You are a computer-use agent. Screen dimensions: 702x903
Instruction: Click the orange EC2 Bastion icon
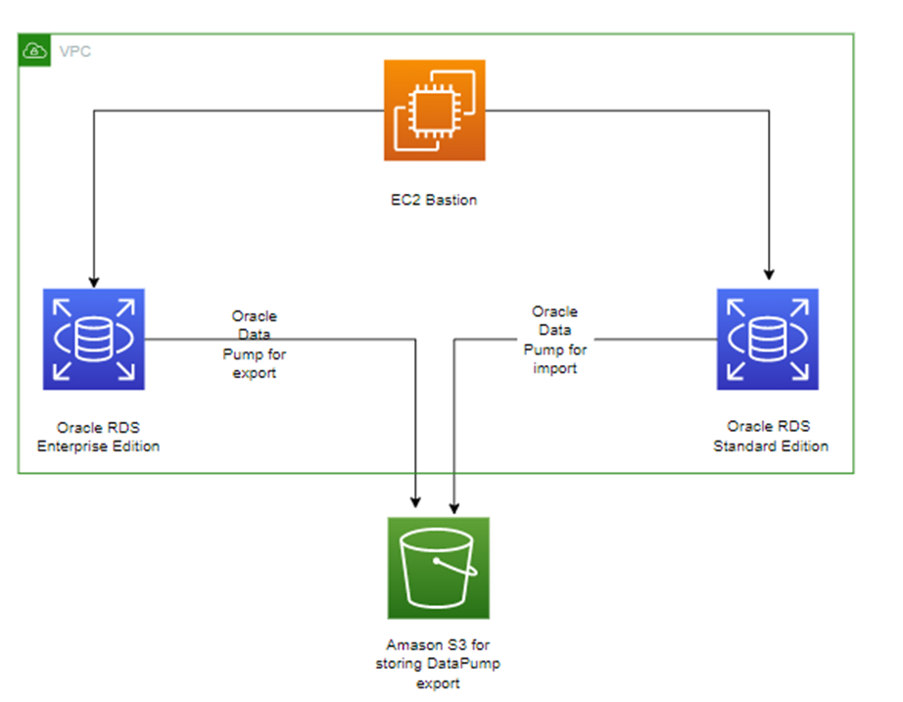435,110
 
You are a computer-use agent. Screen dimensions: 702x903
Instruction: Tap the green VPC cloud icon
33,50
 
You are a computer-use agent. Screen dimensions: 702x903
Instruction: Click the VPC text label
74,51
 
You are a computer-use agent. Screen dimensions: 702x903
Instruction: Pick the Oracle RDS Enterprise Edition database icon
94,339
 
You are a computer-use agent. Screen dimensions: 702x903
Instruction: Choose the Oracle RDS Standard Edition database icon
767,339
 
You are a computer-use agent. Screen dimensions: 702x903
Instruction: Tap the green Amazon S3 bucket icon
438,568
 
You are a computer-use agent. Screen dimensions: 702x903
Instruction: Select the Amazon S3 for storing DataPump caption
438,663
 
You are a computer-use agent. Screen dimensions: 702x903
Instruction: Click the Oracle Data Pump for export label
255,344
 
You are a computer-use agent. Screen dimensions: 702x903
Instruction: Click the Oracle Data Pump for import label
554,340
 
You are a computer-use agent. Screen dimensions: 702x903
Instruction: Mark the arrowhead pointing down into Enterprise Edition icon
93,279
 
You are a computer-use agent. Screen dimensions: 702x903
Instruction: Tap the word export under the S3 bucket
438,682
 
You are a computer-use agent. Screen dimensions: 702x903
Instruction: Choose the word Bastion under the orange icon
454,201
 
